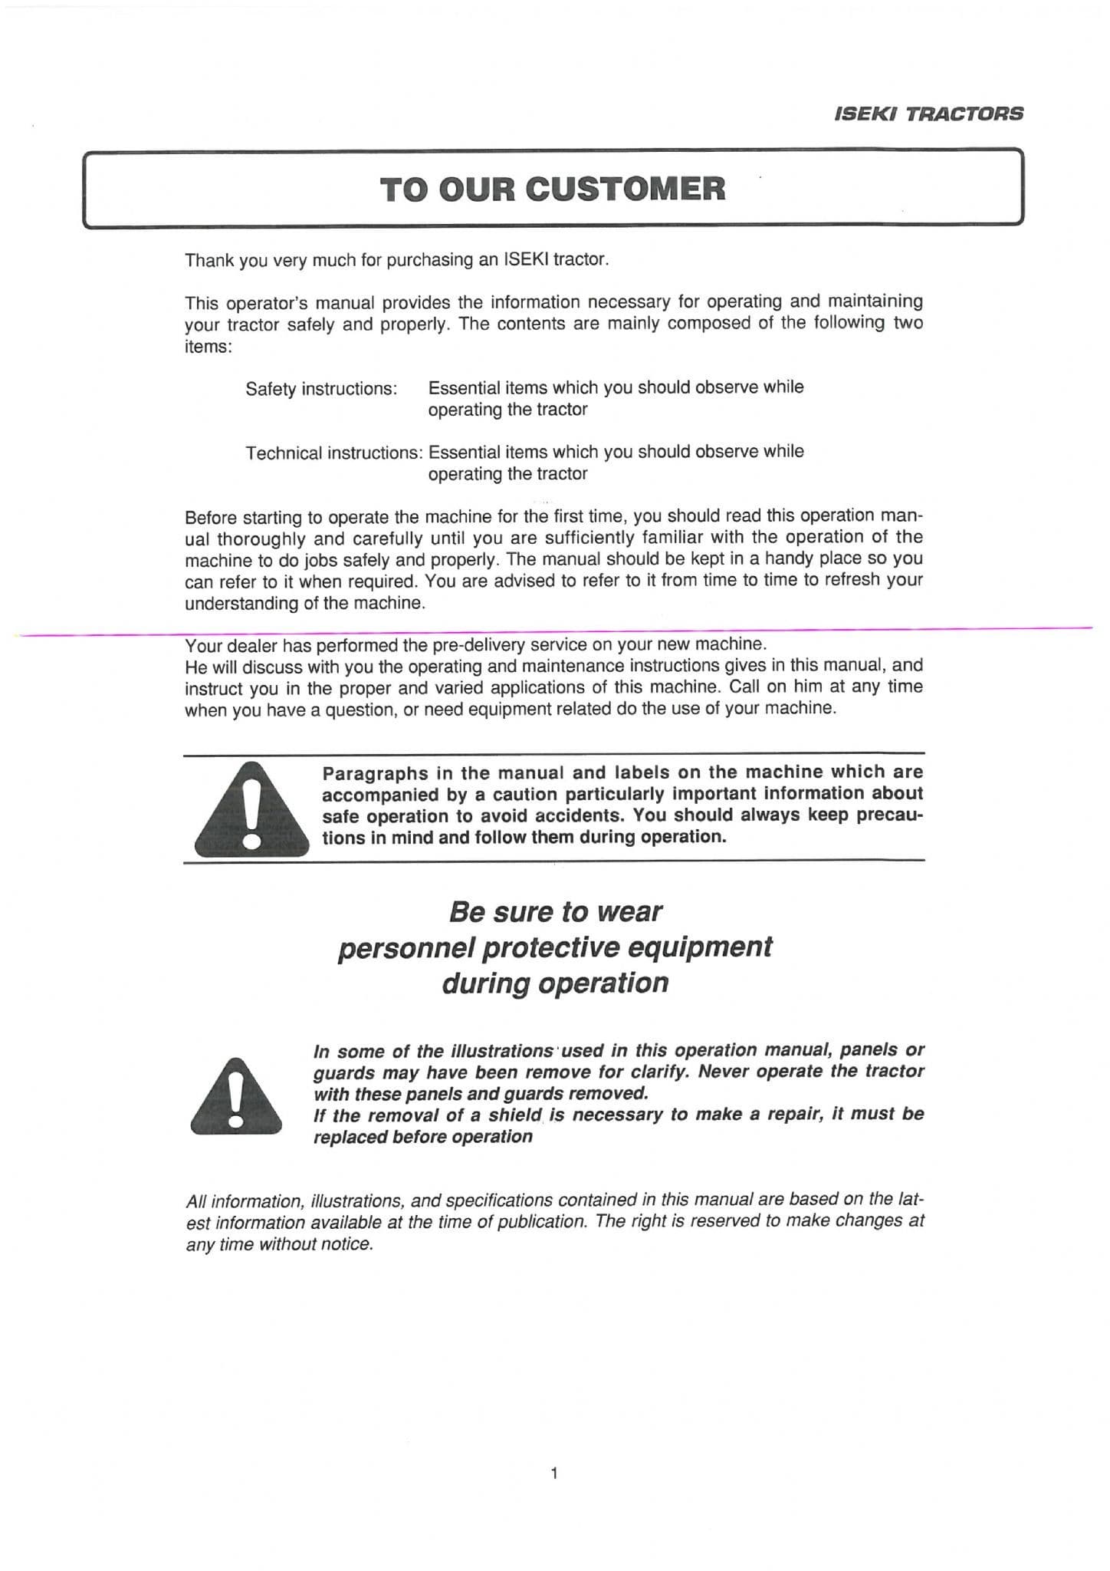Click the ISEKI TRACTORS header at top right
(x=928, y=114)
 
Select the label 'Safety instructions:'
(x=321, y=389)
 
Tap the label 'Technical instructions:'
(x=333, y=453)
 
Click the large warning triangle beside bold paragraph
(x=251, y=809)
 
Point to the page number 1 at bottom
(x=553, y=1472)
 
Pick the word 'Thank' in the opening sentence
(x=209, y=260)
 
